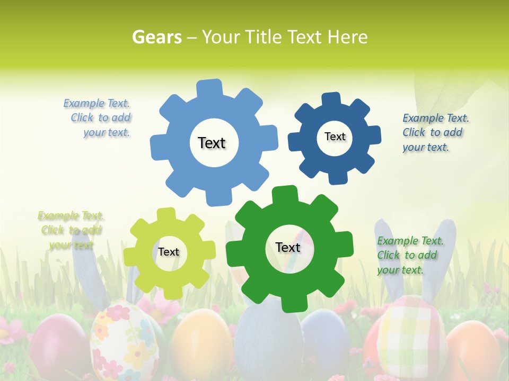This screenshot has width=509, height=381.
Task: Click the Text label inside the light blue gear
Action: (212, 143)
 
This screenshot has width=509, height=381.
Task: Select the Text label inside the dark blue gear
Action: (335, 137)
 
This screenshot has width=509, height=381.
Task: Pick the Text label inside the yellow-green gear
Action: (169, 252)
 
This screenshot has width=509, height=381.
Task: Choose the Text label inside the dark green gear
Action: (288, 247)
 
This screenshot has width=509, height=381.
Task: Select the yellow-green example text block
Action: (70, 230)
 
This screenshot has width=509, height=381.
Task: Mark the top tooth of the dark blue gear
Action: (331, 99)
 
